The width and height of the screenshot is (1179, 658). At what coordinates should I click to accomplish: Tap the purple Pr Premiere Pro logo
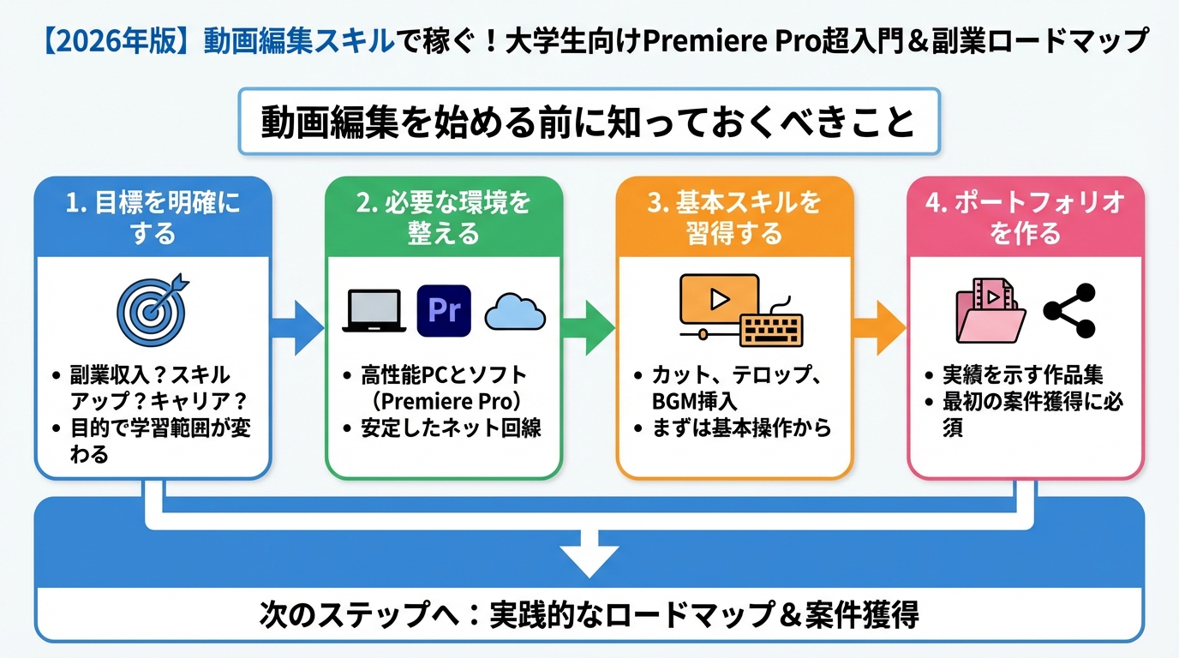(444, 311)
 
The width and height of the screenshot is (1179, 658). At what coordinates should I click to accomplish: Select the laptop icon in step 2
(374, 312)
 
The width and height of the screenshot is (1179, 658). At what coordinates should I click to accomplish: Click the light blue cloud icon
(515, 313)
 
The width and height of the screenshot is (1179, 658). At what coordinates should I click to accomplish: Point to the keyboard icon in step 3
(771, 328)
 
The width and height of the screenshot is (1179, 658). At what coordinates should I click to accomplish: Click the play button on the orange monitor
(719, 300)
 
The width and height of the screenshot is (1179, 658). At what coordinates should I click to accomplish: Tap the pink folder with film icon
(990, 313)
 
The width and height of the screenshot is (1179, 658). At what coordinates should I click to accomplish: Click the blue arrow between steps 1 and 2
(297, 326)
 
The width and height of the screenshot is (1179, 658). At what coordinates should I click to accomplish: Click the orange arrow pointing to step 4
(880, 326)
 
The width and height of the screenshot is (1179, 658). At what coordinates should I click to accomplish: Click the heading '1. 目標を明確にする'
(153, 218)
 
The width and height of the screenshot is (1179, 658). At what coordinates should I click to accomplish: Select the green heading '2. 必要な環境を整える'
(444, 218)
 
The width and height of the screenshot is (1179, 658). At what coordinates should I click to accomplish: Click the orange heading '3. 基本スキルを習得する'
(735, 218)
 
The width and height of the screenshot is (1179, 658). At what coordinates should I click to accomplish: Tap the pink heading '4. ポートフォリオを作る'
(1026, 218)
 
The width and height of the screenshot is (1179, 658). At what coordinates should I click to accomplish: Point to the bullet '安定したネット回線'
(452, 428)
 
